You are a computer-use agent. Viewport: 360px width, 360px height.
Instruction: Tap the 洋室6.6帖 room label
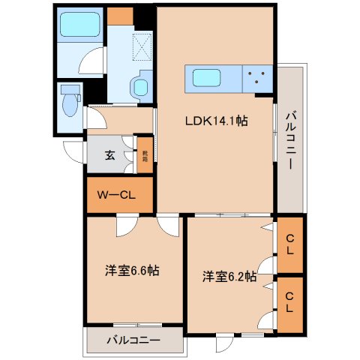(132, 270)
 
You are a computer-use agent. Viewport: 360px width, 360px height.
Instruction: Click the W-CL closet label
(116, 195)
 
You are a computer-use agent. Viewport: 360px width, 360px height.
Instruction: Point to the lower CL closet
(289, 305)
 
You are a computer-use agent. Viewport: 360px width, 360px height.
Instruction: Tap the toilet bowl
(70, 107)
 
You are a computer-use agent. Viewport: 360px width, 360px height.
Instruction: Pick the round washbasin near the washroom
(141, 88)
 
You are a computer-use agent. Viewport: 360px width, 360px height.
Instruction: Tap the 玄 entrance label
(109, 156)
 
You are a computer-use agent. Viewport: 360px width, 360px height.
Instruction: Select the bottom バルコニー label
(132, 340)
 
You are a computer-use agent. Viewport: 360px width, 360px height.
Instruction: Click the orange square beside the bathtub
(119, 15)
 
